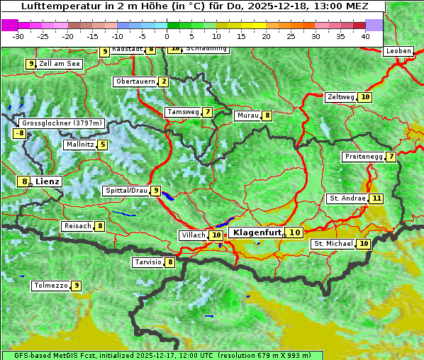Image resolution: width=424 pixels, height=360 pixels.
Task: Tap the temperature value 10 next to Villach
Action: pyautogui.click(x=217, y=235)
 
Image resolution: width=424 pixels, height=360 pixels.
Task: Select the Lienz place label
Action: pyautogui.click(x=48, y=181)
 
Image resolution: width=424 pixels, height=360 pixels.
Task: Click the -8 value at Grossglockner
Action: pyautogui.click(x=20, y=133)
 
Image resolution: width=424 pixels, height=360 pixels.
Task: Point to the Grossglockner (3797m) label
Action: pyautogui.click(x=62, y=123)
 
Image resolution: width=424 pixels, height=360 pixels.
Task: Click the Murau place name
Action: pyautogui.click(x=247, y=116)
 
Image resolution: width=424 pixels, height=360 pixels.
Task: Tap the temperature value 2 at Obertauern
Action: pyautogui.click(x=164, y=81)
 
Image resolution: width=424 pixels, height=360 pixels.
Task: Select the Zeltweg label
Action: pyautogui.click(x=340, y=97)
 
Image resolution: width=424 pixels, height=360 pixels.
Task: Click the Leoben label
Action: pyautogui.click(x=398, y=51)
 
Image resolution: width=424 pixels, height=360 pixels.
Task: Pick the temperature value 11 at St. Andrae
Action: pyautogui.click(x=376, y=198)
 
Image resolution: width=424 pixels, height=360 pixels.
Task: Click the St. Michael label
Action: pyautogui.click(x=333, y=244)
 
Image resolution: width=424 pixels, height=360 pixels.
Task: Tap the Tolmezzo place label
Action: pyautogui.click(x=50, y=286)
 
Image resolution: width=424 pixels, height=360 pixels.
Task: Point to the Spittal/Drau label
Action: pyautogui.click(x=126, y=191)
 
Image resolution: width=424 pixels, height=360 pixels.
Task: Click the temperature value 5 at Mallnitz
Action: pyautogui.click(x=103, y=145)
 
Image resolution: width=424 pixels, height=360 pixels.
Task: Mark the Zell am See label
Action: pyautogui.click(x=60, y=64)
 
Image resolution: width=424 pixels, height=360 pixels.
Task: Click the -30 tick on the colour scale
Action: pyautogui.click(x=18, y=35)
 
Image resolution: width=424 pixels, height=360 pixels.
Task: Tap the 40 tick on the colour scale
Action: pyautogui.click(x=365, y=35)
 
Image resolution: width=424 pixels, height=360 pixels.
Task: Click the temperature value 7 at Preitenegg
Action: pyautogui.click(x=391, y=157)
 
